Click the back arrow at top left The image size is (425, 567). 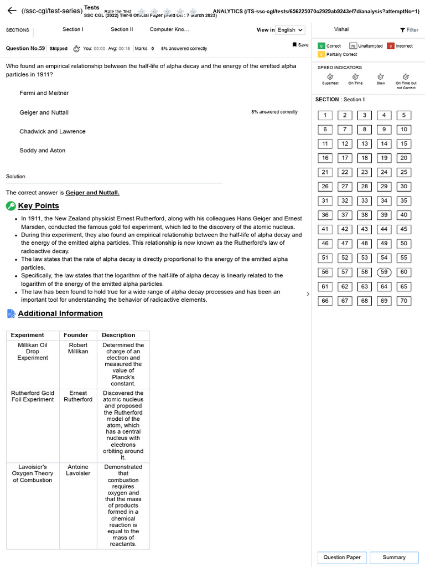point(12,11)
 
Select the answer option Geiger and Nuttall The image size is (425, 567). point(44,112)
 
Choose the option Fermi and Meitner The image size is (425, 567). point(44,93)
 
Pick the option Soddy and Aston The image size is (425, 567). point(42,151)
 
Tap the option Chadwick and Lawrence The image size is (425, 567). point(52,132)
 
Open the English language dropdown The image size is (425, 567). point(290,30)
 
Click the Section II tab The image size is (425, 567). point(122,29)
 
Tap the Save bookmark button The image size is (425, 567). point(300,45)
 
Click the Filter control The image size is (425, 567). point(409,30)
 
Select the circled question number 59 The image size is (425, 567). point(384,272)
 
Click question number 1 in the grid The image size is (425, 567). point(325,115)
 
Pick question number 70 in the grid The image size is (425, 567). point(403,301)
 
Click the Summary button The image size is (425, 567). point(393,557)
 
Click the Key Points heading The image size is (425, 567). point(38,206)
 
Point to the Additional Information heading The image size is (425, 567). point(60,313)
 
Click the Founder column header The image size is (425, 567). point(76,335)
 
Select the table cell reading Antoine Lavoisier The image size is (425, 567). point(78,470)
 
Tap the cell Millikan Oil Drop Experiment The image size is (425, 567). point(33,351)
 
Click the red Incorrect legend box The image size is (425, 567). point(390,46)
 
